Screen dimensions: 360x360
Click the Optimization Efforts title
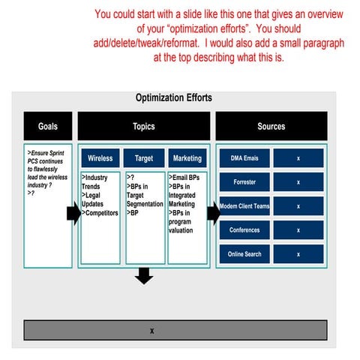[x=173, y=97]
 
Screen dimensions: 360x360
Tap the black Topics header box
[x=143, y=126]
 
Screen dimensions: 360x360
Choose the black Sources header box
[x=271, y=126]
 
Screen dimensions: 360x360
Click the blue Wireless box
[x=100, y=158]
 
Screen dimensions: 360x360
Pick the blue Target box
[x=143, y=158]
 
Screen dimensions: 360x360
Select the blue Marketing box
[x=187, y=158]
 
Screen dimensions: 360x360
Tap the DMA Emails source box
[x=244, y=158]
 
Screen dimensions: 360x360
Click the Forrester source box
[x=244, y=182]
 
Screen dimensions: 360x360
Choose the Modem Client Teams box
[x=244, y=206]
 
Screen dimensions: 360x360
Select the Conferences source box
[x=244, y=230]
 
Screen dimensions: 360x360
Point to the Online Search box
[x=244, y=254]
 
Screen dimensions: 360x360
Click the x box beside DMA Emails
[x=298, y=158]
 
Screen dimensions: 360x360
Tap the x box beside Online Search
[x=298, y=254]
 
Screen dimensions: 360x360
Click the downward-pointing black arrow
[x=144, y=277]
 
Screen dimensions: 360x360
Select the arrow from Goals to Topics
[x=73, y=214]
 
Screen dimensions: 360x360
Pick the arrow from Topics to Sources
[x=213, y=214]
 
